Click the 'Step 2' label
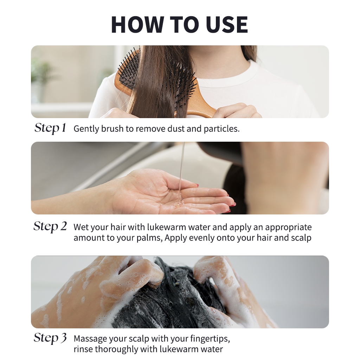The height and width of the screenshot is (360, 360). pyautogui.click(x=50, y=227)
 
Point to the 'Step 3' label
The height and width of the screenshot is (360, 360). pyautogui.click(x=50, y=338)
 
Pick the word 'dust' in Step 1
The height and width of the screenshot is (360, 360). pyautogui.click(x=176, y=129)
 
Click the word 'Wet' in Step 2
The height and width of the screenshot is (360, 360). pyautogui.click(x=81, y=227)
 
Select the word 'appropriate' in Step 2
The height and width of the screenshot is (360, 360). pyautogui.click(x=288, y=227)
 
